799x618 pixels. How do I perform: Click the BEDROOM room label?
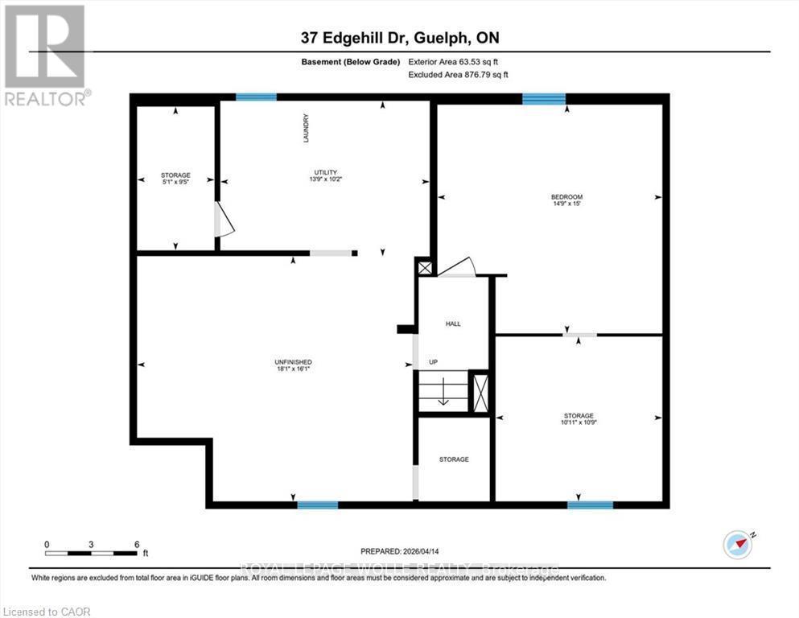566,196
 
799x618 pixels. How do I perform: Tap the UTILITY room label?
325,172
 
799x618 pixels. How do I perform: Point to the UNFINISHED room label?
293,362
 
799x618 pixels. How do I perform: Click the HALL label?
453,323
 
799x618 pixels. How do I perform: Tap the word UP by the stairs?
433,362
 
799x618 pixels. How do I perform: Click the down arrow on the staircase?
442,394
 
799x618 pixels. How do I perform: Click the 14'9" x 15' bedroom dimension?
566,204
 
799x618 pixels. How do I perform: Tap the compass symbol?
737,545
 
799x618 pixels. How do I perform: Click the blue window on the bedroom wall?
543,99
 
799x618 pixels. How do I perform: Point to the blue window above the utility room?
256,97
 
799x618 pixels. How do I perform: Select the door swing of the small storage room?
224,220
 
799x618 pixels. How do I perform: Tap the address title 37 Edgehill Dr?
399,38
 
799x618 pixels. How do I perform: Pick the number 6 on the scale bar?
137,544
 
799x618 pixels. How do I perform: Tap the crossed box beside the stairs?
480,393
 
